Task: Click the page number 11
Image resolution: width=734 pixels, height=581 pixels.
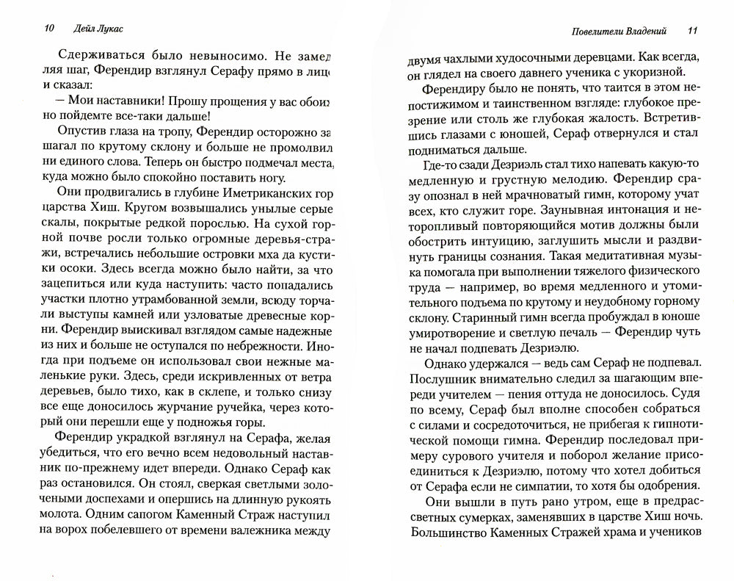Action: coord(693,31)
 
